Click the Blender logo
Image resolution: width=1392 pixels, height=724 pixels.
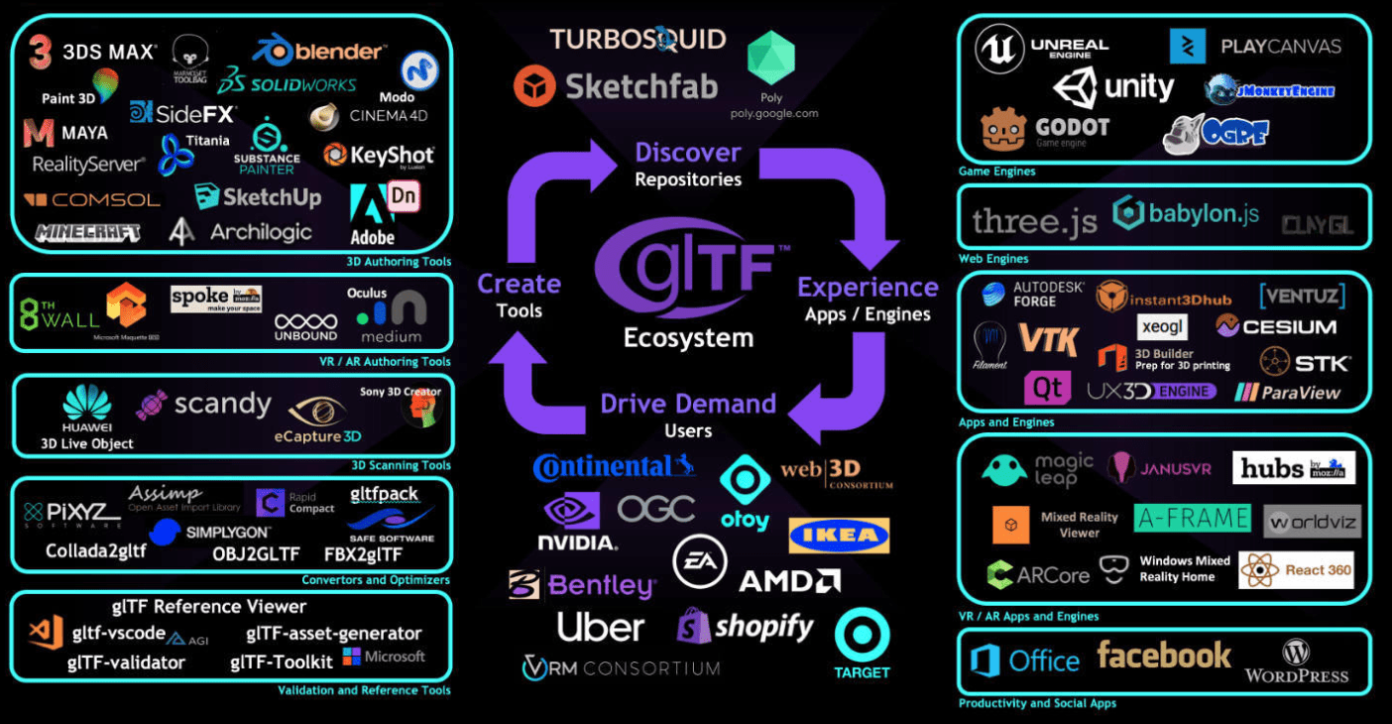[320, 51]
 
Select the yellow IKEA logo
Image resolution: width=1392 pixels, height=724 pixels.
[839, 536]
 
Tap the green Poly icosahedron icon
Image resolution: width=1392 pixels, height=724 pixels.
[770, 58]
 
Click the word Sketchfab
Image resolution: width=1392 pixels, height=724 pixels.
[640, 86]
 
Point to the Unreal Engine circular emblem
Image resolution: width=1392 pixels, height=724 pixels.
[998, 49]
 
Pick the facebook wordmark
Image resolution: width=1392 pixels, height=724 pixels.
[1164, 656]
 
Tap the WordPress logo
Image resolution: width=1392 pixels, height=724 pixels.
[1296, 663]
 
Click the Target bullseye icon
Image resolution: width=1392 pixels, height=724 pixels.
[862, 636]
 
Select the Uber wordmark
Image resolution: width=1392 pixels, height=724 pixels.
[600, 627]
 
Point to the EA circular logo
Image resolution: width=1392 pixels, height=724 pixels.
[700, 562]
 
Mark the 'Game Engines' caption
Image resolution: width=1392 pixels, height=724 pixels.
[996, 172]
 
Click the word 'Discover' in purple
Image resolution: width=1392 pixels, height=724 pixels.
[687, 153]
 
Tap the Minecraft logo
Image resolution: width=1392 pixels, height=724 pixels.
[87, 233]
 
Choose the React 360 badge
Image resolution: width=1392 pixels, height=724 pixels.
[1297, 570]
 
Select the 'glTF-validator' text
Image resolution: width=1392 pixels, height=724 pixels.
[126, 663]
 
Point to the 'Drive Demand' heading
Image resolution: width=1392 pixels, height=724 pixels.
[688, 404]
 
